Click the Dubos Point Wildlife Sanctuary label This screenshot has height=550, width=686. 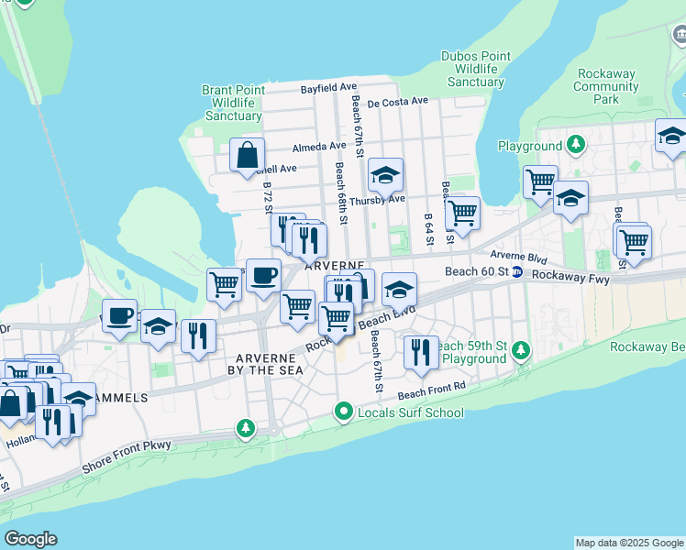[476, 69]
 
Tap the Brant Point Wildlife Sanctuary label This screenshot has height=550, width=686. [234, 103]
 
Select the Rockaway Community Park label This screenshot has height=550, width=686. [606, 86]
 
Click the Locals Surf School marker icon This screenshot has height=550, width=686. [344, 412]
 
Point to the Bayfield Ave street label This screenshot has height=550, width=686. [329, 88]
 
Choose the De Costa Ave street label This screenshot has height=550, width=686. [398, 101]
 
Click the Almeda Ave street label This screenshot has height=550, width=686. [319, 146]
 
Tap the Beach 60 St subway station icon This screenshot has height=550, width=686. [516, 272]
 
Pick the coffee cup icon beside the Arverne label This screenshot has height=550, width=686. [263, 275]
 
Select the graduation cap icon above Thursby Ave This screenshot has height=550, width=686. [386, 174]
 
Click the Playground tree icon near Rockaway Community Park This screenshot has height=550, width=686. [575, 146]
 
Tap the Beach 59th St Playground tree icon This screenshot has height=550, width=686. [521, 351]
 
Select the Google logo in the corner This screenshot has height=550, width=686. [30, 539]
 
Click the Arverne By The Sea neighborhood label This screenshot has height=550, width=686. [265, 363]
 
